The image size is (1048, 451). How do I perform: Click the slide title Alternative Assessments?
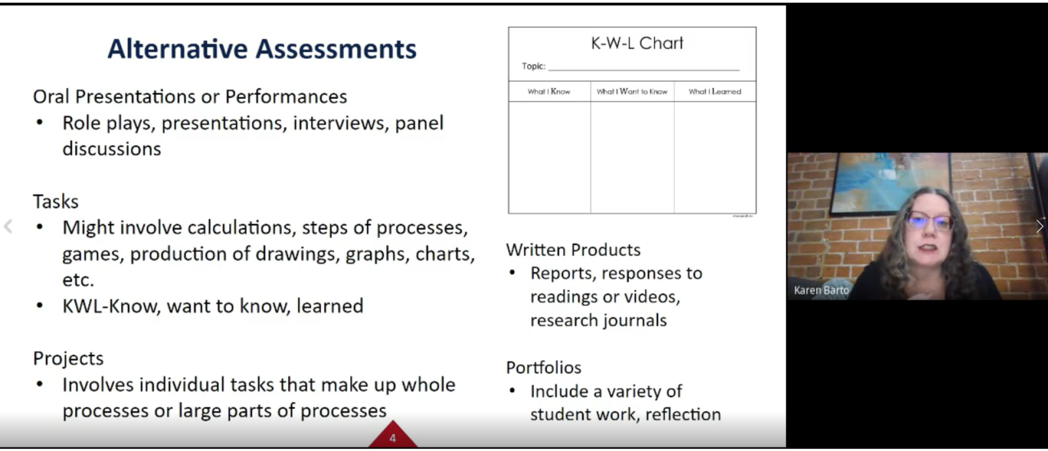[x=262, y=49]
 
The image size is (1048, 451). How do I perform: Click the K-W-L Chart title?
[x=637, y=43]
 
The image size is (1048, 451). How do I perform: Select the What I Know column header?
[x=549, y=92]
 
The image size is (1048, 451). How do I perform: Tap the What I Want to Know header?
[x=631, y=92]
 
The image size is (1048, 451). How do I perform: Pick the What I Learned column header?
[x=715, y=92]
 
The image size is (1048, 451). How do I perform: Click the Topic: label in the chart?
[x=534, y=66]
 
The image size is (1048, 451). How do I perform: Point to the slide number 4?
[x=392, y=439]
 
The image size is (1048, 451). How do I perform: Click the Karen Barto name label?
[x=821, y=290]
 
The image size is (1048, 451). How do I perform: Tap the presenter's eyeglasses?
[x=929, y=221]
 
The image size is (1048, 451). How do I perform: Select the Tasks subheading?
[x=56, y=202]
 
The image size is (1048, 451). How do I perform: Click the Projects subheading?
[x=68, y=359]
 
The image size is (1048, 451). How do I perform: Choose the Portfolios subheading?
[x=544, y=368]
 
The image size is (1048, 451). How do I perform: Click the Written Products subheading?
[x=573, y=250]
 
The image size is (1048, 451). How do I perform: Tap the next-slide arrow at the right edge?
[x=1039, y=226]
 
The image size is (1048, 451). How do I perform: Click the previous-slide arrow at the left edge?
[x=8, y=226]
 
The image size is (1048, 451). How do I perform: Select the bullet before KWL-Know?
[x=40, y=306]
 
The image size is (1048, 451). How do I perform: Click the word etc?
[x=78, y=280]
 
